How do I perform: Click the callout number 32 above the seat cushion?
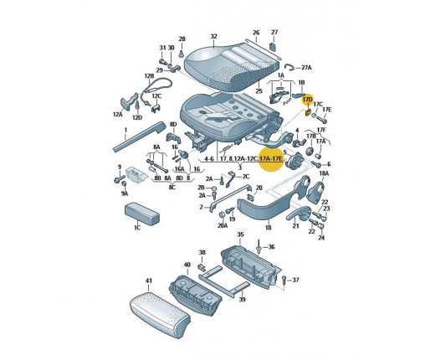point(213,36)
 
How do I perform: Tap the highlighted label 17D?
point(308,100)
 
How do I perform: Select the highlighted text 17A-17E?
point(271,159)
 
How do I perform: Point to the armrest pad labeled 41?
point(160,314)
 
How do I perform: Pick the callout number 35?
point(240,234)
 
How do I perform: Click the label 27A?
point(306,68)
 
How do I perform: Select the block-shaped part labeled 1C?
point(141,213)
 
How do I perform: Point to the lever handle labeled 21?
point(299,214)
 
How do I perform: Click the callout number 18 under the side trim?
point(269,228)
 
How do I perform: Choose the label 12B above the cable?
point(149,76)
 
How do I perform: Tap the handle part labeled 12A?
point(128,101)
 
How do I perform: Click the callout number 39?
point(243,299)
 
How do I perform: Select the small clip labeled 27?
point(274,47)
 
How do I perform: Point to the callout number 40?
point(187,265)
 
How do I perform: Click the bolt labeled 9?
point(119,178)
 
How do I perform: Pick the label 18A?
point(324,173)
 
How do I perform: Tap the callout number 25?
point(259,91)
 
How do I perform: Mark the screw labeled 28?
point(182,53)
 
